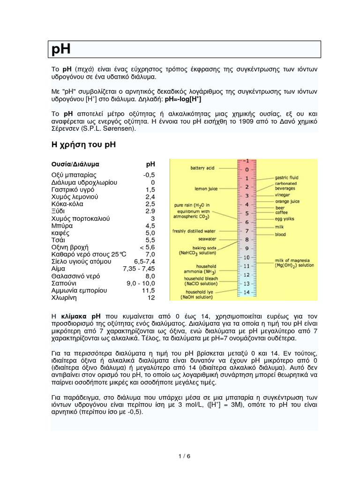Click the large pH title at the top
click(61, 49)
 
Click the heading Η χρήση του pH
click(83, 145)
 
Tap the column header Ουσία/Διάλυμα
click(75, 165)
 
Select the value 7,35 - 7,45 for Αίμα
click(138, 269)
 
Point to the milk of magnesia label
click(294, 262)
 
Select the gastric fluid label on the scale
click(287, 178)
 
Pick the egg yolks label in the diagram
click(285, 218)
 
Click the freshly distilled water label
click(194, 231)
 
